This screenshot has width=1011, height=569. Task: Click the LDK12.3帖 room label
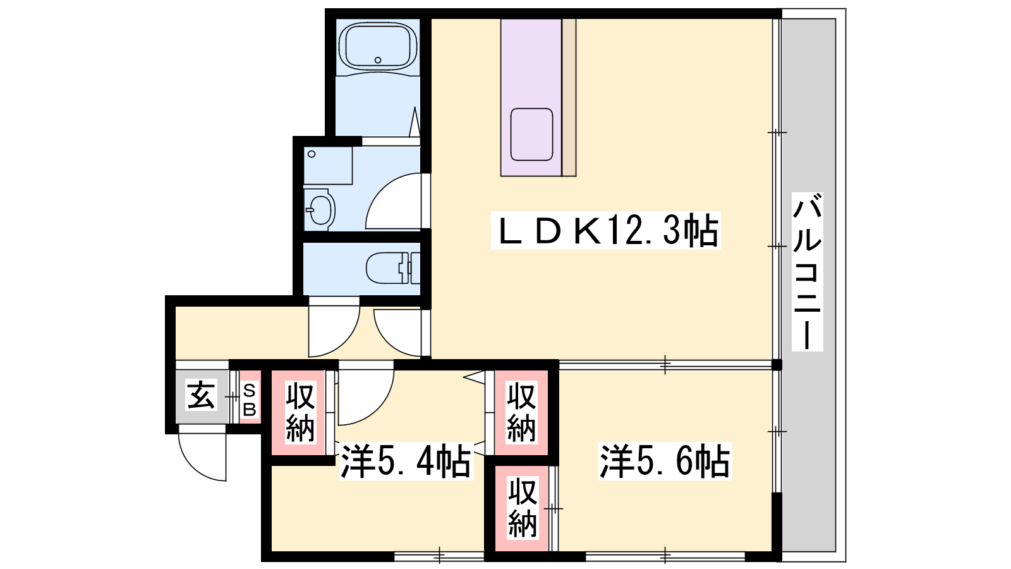(x=606, y=231)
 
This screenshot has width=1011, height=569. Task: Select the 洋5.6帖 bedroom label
(x=664, y=461)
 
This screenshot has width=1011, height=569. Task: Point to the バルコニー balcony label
(x=807, y=271)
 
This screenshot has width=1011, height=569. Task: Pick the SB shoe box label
(x=250, y=400)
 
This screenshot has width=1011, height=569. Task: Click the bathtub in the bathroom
(x=378, y=47)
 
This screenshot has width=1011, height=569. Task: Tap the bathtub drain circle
(x=378, y=59)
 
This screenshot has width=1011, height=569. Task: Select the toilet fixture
(x=392, y=268)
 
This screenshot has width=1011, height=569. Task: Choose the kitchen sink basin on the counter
(x=531, y=134)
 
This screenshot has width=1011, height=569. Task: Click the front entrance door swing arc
(x=194, y=466)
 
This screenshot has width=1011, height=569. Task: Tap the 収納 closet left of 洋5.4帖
(x=300, y=412)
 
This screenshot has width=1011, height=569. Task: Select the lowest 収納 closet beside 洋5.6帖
(x=523, y=508)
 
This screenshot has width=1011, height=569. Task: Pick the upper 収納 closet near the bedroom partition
(x=521, y=412)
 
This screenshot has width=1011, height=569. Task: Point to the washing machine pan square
(x=328, y=165)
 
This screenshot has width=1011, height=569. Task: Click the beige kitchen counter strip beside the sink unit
(x=569, y=97)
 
